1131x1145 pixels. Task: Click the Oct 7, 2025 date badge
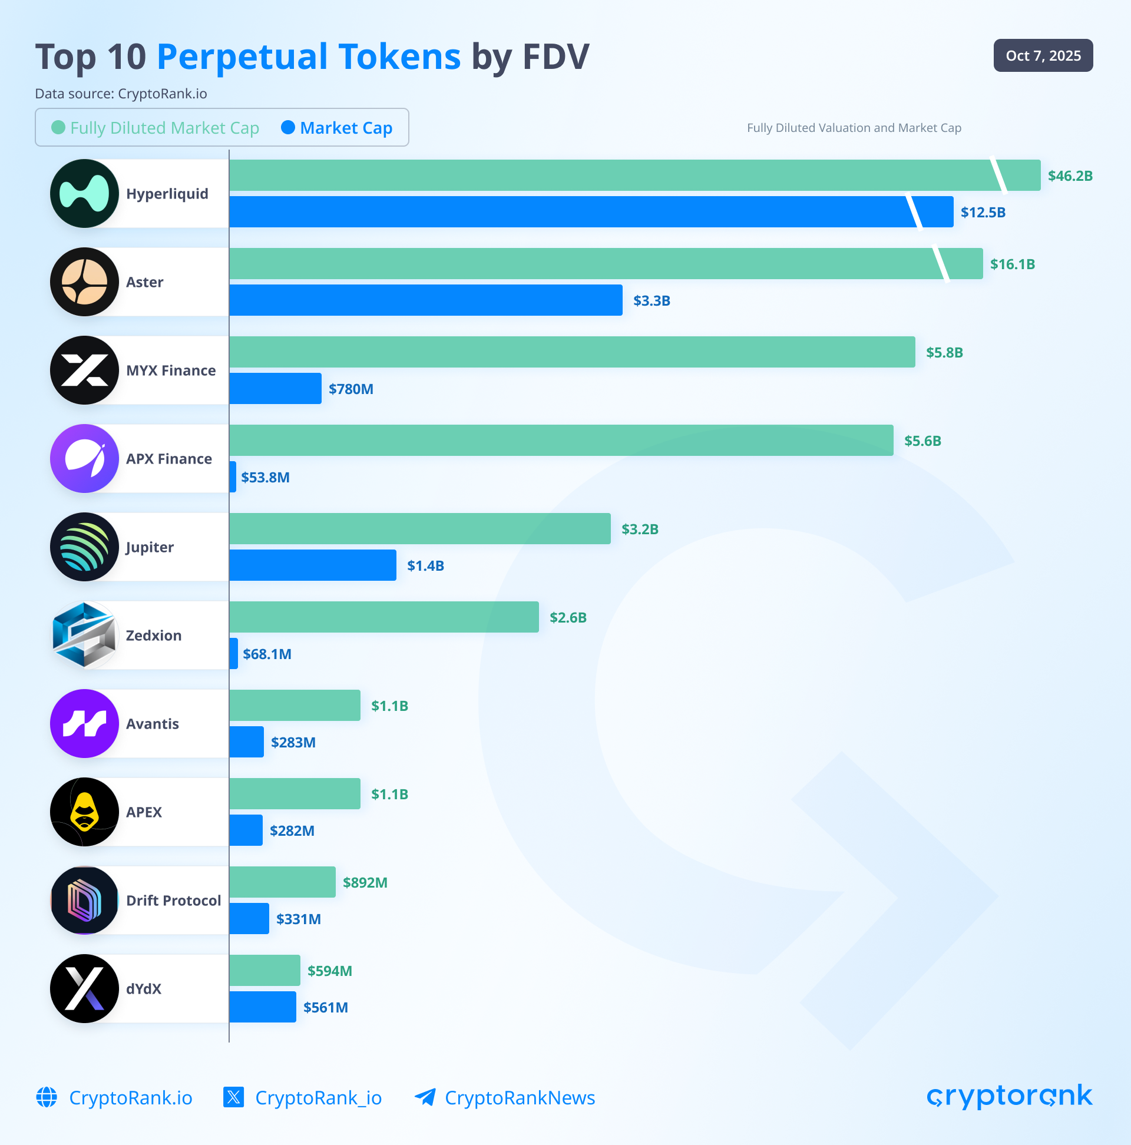pyautogui.click(x=1043, y=56)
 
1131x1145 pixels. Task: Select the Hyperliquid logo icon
pyautogui.click(x=85, y=194)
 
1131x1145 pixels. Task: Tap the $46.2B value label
pyautogui.click(x=1069, y=176)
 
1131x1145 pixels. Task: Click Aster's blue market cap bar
pyautogui.click(x=426, y=300)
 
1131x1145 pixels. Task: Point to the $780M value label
pyautogui.click(x=351, y=389)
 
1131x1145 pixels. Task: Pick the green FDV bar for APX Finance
pyautogui.click(x=561, y=441)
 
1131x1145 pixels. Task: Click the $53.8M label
pyautogui.click(x=265, y=478)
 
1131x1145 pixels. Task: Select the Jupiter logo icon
pyautogui.click(x=85, y=547)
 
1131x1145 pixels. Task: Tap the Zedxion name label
pyautogui.click(x=154, y=636)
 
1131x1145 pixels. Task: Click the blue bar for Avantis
pyautogui.click(x=247, y=742)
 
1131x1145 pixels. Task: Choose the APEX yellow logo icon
pyautogui.click(x=85, y=812)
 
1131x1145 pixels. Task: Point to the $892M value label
pyautogui.click(x=365, y=882)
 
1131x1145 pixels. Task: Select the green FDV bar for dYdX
pyautogui.click(x=264, y=970)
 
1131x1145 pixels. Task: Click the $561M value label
pyautogui.click(x=325, y=1008)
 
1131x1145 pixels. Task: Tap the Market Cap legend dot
pyautogui.click(x=288, y=127)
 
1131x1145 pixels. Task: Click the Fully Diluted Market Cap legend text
pyautogui.click(x=164, y=128)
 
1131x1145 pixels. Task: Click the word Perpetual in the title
pyautogui.click(x=308, y=57)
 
